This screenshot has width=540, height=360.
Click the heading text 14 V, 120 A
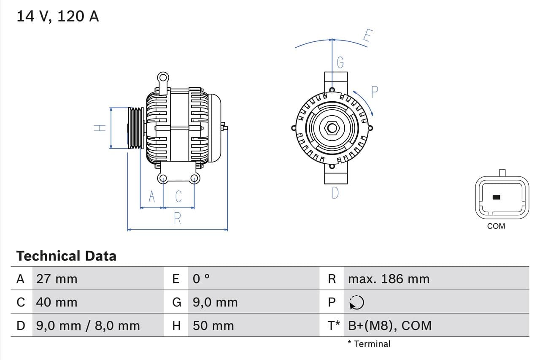[x=58, y=16]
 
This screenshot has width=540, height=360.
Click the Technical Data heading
[x=66, y=256]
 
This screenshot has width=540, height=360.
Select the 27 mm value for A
[x=57, y=279]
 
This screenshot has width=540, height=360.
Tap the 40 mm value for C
[x=57, y=302]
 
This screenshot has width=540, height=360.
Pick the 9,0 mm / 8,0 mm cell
[x=88, y=326]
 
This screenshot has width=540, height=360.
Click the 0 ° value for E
[x=201, y=279]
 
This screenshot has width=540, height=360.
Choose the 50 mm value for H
[x=213, y=326]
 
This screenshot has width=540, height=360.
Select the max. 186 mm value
[x=389, y=279]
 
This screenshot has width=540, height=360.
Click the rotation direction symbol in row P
[x=357, y=302]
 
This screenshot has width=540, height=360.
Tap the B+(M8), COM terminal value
[x=390, y=326]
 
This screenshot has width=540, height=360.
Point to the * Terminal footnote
[x=369, y=344]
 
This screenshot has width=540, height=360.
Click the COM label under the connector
[x=496, y=226]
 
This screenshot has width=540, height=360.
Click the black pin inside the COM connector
[x=497, y=197]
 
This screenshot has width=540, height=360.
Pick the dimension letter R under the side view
[x=178, y=219]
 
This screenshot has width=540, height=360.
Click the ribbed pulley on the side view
[x=136, y=128]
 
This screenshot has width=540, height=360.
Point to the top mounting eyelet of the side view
[x=163, y=78]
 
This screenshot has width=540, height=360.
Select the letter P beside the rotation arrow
[x=375, y=92]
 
